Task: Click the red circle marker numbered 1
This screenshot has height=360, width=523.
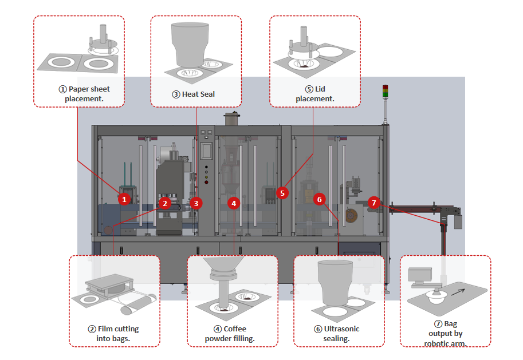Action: pyautogui.click(x=124, y=199)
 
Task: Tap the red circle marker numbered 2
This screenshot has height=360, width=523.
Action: pyautogui.click(x=165, y=203)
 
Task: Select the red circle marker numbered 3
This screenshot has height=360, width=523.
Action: pyautogui.click(x=196, y=203)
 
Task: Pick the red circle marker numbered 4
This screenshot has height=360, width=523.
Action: pyautogui.click(x=233, y=203)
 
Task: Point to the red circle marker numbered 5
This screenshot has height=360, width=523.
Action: pyautogui.click(x=281, y=193)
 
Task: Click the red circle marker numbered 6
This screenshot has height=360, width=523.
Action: pyautogui.click(x=320, y=199)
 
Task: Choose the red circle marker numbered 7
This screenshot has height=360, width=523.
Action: pyautogui.click(x=373, y=203)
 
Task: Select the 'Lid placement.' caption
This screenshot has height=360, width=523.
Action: pyautogui.click(x=314, y=94)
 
